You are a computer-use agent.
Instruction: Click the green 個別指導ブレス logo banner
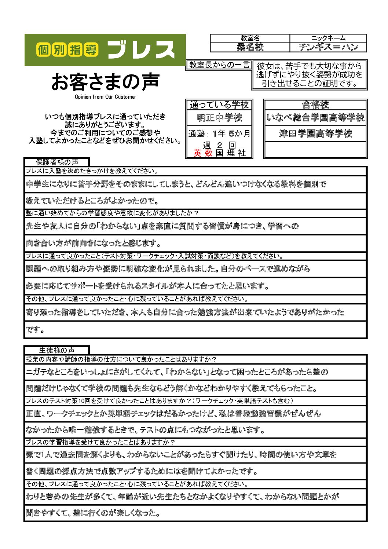(105, 50)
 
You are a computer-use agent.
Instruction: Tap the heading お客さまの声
(105, 81)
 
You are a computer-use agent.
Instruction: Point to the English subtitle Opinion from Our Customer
(105, 97)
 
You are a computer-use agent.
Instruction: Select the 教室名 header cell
(250, 38)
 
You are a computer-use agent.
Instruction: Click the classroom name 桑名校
(250, 47)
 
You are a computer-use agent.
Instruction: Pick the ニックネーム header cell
(328, 38)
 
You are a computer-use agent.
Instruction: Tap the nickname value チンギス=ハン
(328, 47)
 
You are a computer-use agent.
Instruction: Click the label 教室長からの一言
(219, 65)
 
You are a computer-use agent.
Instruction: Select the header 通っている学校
(219, 105)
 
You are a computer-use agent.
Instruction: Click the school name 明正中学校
(219, 118)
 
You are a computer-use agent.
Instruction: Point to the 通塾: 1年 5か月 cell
(219, 133)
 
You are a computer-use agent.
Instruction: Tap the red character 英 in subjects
(197, 153)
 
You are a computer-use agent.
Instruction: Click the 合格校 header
(315, 105)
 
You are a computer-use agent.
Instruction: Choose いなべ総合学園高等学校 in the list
(315, 118)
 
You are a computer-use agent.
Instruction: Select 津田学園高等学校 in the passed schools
(315, 133)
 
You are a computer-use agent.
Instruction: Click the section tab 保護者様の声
(57, 162)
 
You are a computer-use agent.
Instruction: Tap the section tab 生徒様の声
(57, 350)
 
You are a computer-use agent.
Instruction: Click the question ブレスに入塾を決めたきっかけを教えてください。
(92, 171)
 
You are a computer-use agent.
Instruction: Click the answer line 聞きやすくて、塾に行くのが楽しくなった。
(93, 513)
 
